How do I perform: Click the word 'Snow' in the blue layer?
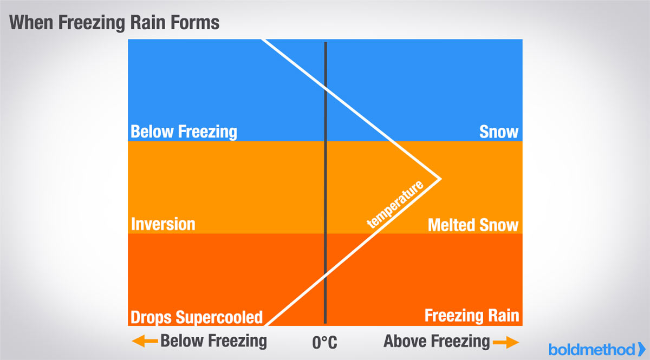[498, 132]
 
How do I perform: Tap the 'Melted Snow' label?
[473, 225]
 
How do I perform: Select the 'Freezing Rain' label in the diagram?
[472, 316]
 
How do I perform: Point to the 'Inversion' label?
[163, 224]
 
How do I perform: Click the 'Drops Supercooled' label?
[197, 317]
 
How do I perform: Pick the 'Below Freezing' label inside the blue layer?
[184, 132]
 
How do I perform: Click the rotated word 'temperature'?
[395, 204]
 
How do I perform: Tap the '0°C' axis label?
[324, 342]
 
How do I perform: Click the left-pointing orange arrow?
[145, 341]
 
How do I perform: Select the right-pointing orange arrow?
[506, 342]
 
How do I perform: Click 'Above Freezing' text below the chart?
[437, 342]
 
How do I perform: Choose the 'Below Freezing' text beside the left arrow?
[213, 341]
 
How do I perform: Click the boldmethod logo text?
[591, 350]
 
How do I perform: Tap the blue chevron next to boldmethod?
[641, 349]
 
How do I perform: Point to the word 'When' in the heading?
[31, 22]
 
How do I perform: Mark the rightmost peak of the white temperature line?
[440, 179]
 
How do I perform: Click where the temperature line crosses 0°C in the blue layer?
[326, 88]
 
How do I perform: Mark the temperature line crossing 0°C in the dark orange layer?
[326, 274]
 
